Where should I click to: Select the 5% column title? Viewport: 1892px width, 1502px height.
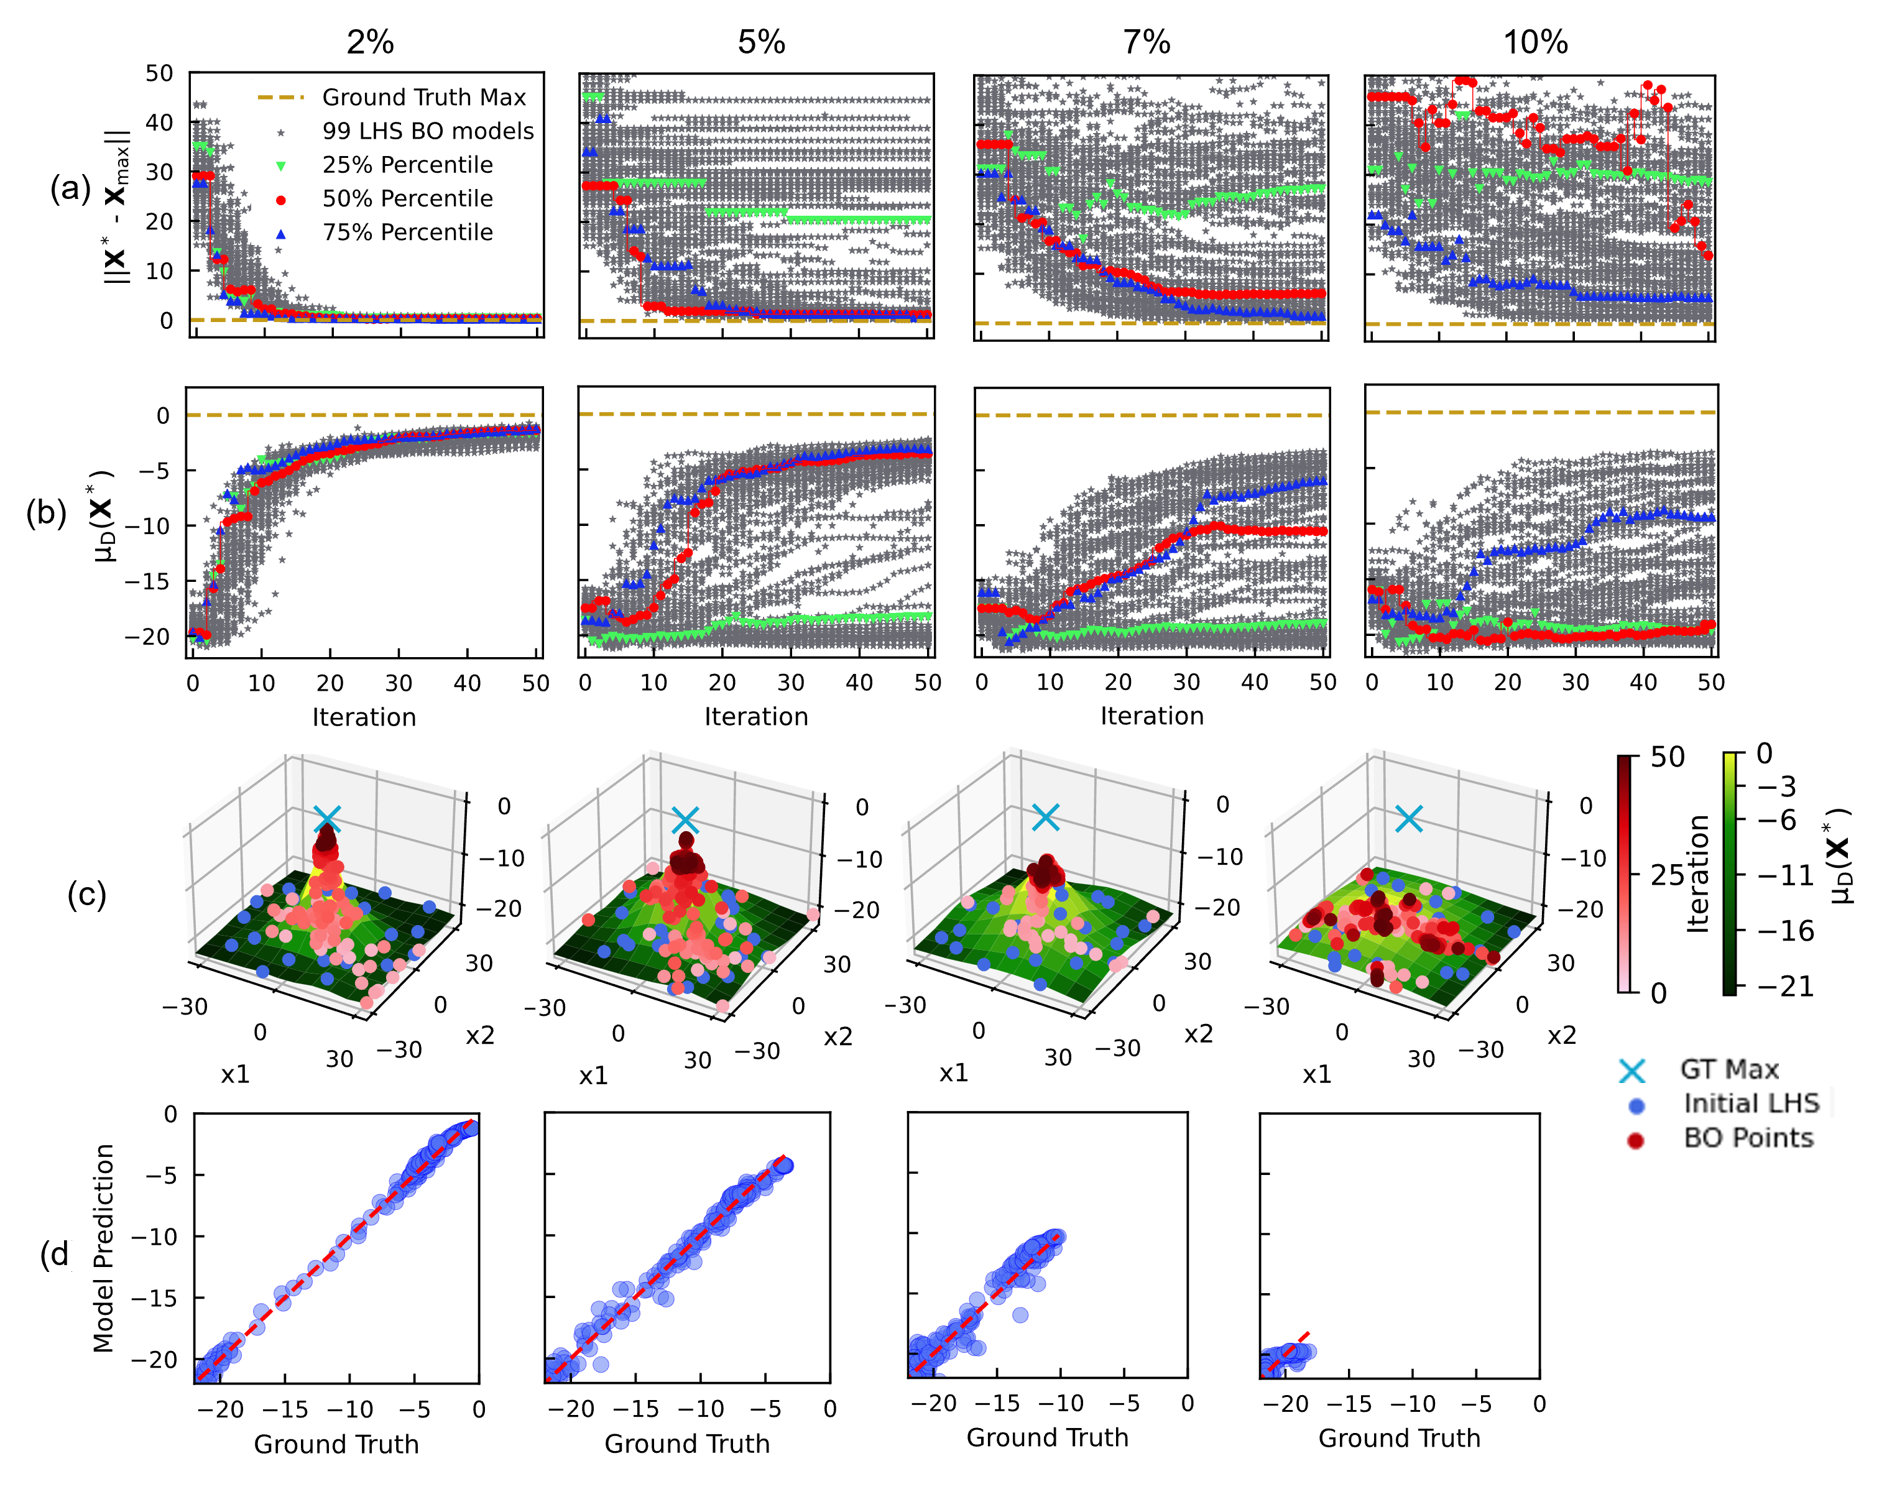coord(761,42)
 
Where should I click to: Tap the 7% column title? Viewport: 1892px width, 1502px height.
coord(1147,42)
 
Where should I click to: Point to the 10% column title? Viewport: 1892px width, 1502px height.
coord(1535,42)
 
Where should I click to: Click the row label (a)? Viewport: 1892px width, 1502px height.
coord(70,188)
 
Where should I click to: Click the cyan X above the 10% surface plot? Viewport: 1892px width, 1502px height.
coord(1408,819)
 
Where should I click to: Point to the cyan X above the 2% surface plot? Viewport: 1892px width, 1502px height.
coord(326,819)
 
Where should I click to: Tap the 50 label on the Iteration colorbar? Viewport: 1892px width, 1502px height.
coord(1668,757)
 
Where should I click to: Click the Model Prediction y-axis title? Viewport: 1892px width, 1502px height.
coord(104,1248)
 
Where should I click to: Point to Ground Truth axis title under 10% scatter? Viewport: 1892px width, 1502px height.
coord(1399,1438)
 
